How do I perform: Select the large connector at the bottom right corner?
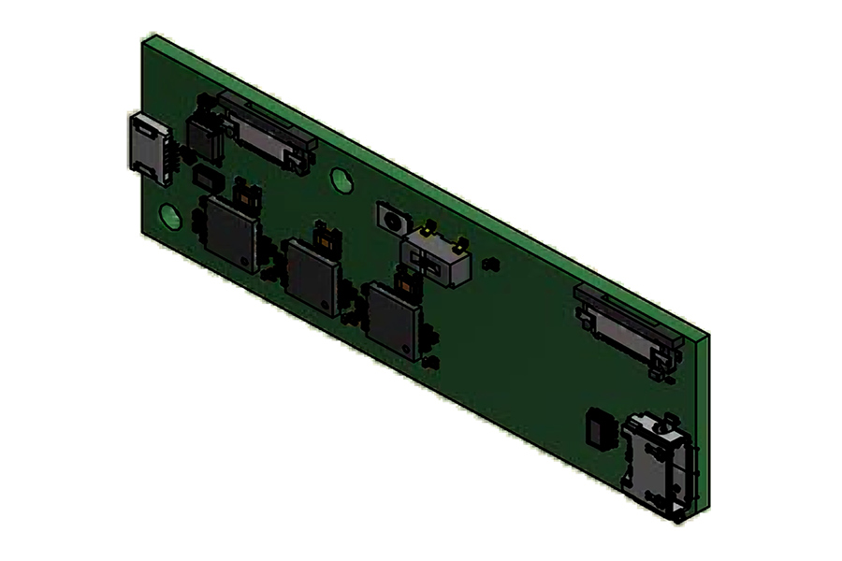coord(660,462)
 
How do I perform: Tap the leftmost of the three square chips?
coord(230,234)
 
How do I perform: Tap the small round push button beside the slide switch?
coord(392,222)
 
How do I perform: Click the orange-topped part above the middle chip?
coord(324,237)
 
